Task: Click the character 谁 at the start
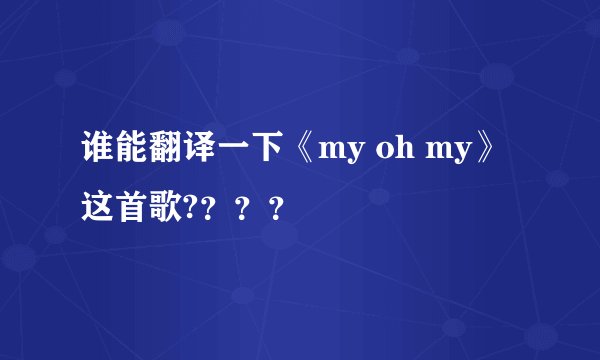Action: (95, 153)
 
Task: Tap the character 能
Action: (125, 153)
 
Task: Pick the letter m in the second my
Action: (418, 156)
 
